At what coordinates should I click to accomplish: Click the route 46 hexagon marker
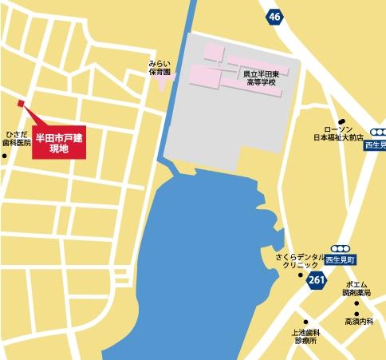[x=275, y=16]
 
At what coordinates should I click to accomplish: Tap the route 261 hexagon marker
[x=317, y=279]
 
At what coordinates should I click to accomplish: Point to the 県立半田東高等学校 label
[x=262, y=77]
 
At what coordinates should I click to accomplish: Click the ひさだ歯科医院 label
[x=16, y=137]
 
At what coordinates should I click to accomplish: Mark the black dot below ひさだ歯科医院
[x=5, y=155]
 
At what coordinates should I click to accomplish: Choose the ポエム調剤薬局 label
[x=356, y=289]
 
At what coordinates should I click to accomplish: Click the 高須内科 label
[x=359, y=322]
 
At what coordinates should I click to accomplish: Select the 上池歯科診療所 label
[x=303, y=337]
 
